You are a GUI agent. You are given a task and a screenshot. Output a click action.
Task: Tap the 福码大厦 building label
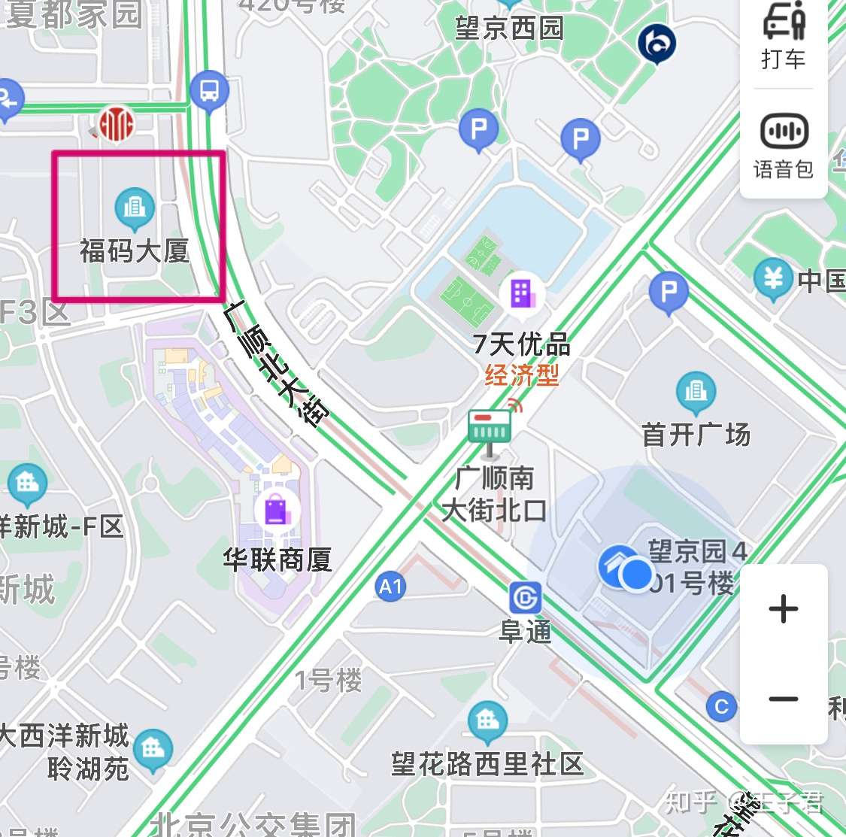click(x=135, y=250)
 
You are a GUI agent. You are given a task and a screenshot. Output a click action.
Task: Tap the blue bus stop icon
click(x=209, y=91)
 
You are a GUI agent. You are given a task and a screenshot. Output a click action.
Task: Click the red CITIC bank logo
click(x=117, y=123)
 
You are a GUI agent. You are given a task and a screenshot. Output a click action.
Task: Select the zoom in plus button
click(x=783, y=608)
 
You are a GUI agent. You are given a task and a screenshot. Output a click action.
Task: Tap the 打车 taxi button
click(x=783, y=36)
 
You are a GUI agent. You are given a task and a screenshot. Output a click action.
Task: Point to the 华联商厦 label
click(x=277, y=560)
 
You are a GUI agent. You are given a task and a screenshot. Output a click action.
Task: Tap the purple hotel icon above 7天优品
click(x=521, y=293)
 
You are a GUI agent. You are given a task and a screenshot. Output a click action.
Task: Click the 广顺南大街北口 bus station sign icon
click(x=490, y=429)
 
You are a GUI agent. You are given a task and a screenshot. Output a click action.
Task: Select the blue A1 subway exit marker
click(x=390, y=586)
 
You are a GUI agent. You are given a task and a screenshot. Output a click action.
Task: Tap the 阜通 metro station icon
click(x=525, y=599)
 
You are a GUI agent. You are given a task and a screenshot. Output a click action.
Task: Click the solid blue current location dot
click(x=638, y=575)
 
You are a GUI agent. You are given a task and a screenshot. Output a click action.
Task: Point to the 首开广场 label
click(x=696, y=434)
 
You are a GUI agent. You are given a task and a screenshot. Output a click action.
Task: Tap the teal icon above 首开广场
click(x=696, y=391)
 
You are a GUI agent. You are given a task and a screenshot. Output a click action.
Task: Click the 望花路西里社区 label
click(x=487, y=764)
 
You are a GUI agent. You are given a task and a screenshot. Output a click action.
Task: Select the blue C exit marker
click(x=721, y=707)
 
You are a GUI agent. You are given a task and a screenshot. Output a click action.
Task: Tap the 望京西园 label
click(x=509, y=29)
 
